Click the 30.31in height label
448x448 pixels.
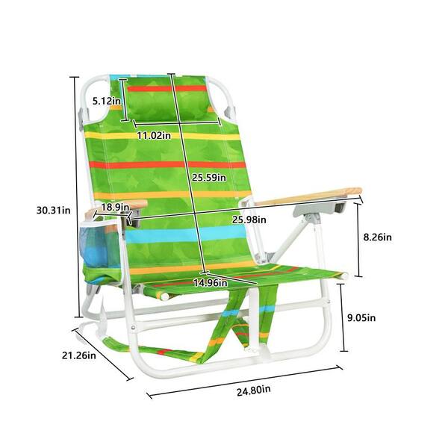click(x=54, y=211)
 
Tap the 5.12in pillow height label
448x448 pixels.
click(x=106, y=101)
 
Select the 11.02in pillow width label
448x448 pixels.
click(x=154, y=135)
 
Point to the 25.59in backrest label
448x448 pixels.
click(x=209, y=178)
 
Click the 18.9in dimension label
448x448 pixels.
click(x=115, y=207)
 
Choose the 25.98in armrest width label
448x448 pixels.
click(x=249, y=220)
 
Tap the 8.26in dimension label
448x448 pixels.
click(x=377, y=237)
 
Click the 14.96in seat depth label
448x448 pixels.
click(x=211, y=282)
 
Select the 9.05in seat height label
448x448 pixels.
click(x=361, y=318)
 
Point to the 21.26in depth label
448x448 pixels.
click(x=79, y=355)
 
